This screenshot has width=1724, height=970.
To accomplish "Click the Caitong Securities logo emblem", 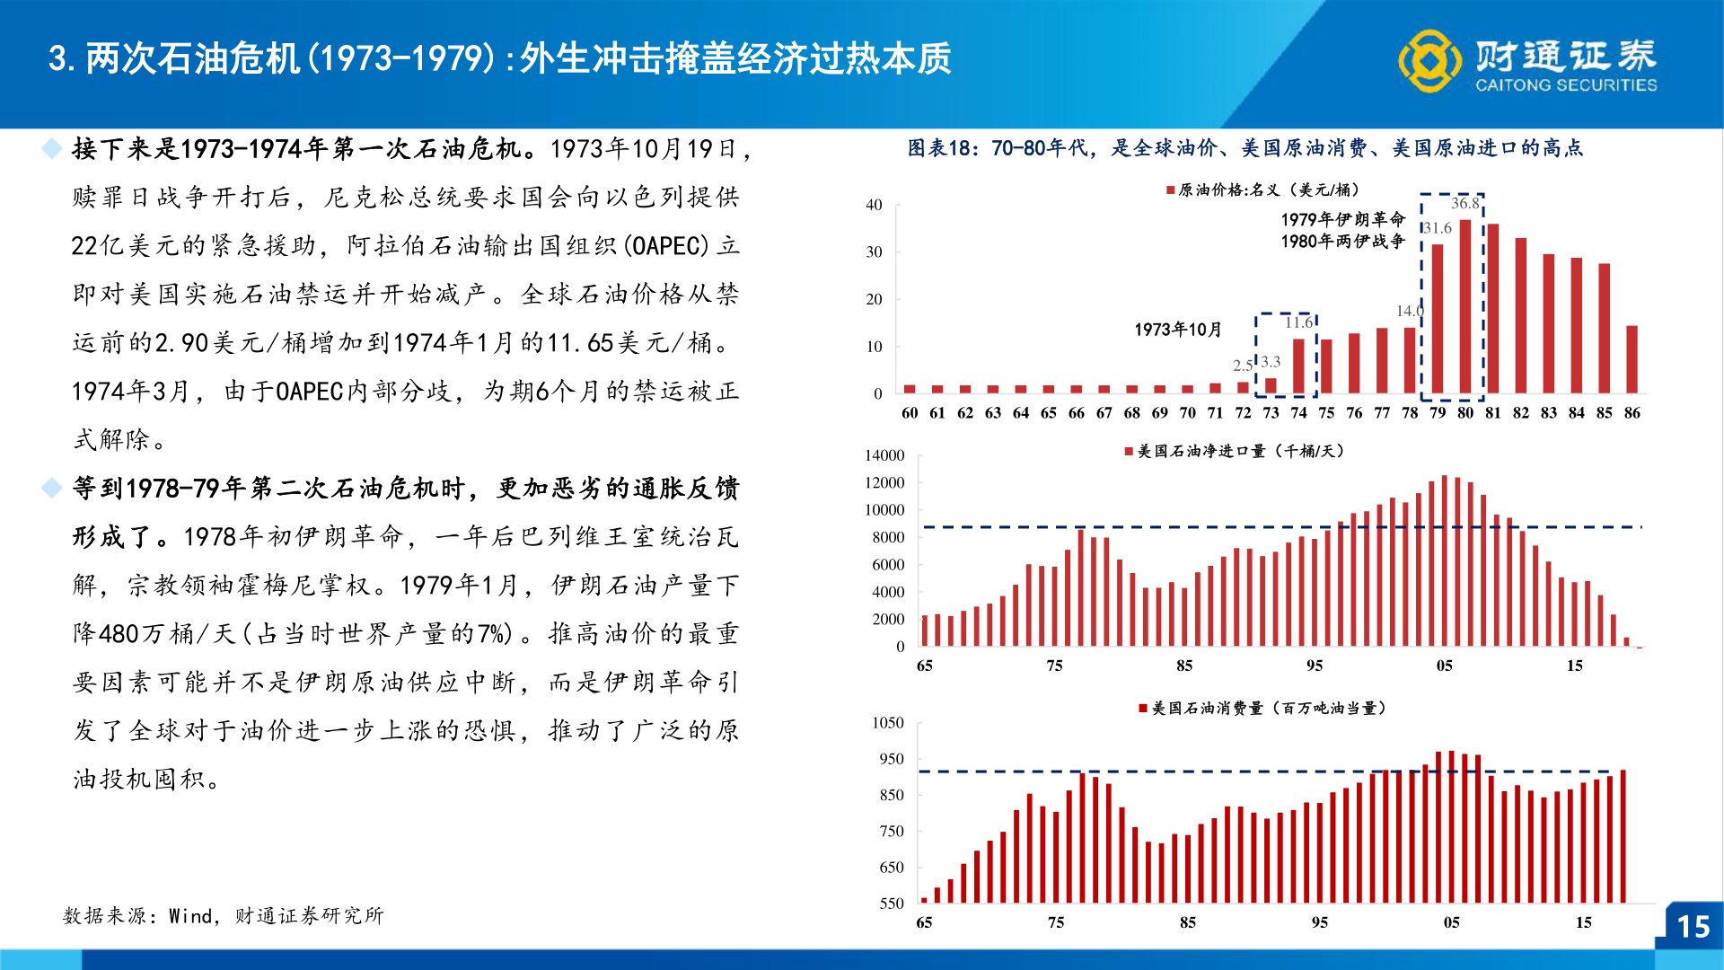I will pos(1430,61).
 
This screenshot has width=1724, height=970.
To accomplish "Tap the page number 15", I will pos(1693,926).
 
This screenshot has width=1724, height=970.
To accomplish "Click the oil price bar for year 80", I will pos(1465,306).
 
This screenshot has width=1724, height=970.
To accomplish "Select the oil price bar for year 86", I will pos(1632,359).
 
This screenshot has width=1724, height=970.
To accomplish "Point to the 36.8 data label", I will pos(1465,203).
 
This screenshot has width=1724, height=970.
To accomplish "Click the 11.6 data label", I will pos(1298,322).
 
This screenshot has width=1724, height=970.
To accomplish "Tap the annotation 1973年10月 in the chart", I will pos(1177,330).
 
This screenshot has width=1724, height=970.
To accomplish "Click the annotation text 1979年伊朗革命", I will pos(1342,219).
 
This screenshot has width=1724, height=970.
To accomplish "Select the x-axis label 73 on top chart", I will pos(1271,413).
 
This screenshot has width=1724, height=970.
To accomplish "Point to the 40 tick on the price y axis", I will pos(874,205).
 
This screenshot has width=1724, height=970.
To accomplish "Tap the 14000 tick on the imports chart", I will pos(884,455).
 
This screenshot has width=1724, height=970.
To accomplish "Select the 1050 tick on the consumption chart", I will pos(888,723).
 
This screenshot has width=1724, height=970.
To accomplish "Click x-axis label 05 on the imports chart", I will pos(1444,666).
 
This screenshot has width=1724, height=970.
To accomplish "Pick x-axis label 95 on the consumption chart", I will pos(1319,922).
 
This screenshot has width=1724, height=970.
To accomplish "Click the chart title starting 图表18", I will pos(1245,148).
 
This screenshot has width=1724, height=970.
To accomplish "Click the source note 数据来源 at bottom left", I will pos(223,915).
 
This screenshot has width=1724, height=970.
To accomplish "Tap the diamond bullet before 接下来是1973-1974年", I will pos(52,148).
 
